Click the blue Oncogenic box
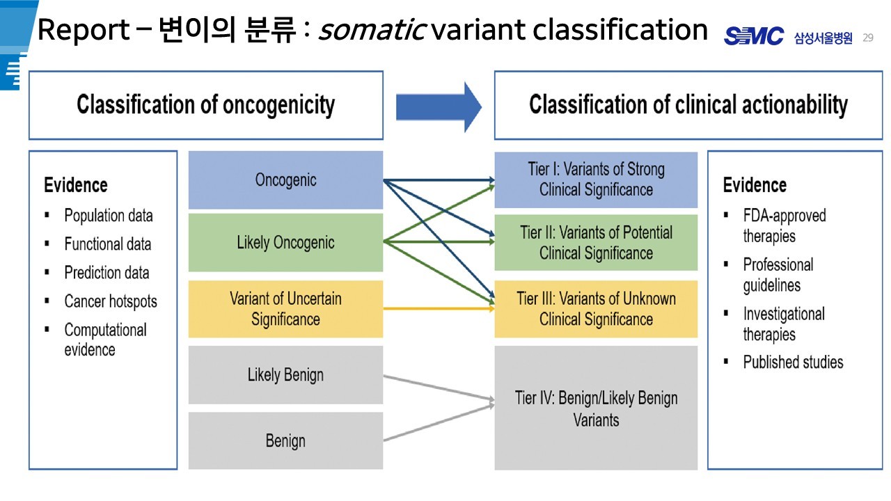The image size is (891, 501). [285, 180]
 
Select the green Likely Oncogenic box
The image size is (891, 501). [285, 242]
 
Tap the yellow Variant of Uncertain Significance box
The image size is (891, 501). [285, 309]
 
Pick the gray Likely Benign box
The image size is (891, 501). [285, 375]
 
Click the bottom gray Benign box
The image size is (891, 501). [285, 440]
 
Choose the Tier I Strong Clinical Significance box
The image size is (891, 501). [596, 180]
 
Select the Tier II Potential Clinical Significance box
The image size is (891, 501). [596, 242]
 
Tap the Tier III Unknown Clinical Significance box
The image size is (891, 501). [596, 309]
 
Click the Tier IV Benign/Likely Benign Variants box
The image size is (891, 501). [596, 408]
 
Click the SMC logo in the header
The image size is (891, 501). [754, 37]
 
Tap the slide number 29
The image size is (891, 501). [867, 38]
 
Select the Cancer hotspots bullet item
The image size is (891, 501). [110, 301]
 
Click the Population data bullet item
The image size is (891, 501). [108, 216]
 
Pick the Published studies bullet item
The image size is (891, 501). [793, 362]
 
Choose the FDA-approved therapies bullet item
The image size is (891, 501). [784, 225]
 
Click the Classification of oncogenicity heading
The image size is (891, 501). [205, 105]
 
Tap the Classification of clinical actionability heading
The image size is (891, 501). [688, 105]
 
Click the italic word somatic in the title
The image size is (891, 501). [372, 31]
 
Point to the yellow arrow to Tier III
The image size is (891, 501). [439, 308]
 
